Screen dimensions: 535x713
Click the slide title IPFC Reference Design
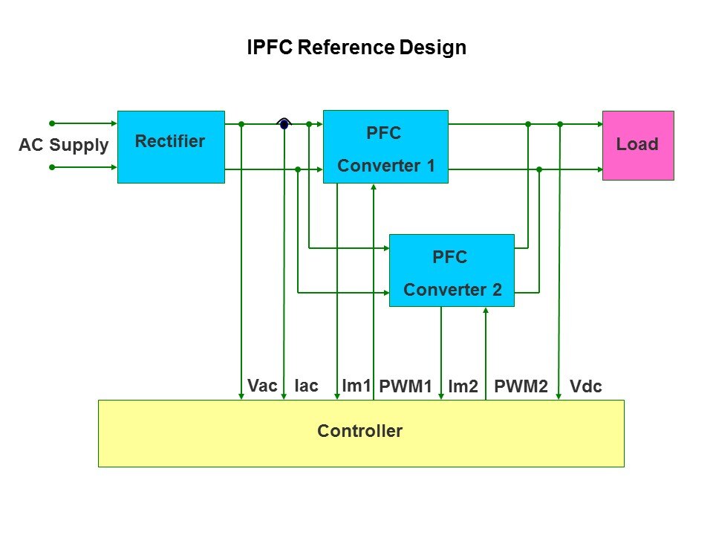356,48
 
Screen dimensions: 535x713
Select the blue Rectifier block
171,146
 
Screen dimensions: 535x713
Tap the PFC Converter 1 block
385,146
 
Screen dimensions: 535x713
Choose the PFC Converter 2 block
452,270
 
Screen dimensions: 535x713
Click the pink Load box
637,145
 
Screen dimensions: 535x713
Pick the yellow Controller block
361,433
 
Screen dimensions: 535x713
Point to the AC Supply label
63,145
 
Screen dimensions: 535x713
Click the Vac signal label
262,386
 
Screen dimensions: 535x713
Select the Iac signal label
306,386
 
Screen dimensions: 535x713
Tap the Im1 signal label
356,386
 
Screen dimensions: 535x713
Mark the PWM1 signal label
406,386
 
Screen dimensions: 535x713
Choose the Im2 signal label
463,386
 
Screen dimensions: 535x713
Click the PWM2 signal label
521,386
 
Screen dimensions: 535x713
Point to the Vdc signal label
585,386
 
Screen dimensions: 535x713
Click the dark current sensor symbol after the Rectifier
284,124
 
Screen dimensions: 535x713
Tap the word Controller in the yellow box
360,431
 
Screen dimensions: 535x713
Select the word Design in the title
433,48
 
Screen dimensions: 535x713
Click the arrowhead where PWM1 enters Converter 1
374,187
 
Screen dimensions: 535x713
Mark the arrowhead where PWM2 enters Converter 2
486,311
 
